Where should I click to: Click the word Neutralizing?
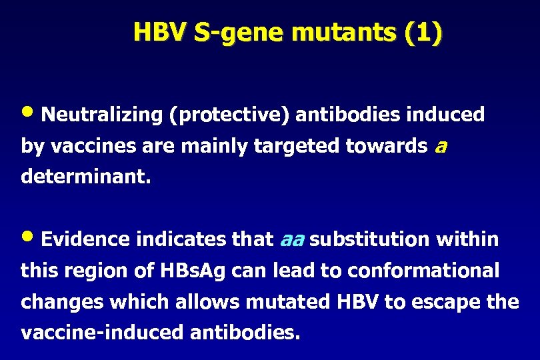click(101, 115)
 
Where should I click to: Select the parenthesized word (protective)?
click(229, 115)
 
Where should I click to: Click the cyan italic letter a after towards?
click(440, 147)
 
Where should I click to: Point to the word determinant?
click(87, 177)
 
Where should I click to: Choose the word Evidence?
click(85, 239)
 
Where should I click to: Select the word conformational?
click(423, 271)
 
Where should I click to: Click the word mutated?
click(288, 302)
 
